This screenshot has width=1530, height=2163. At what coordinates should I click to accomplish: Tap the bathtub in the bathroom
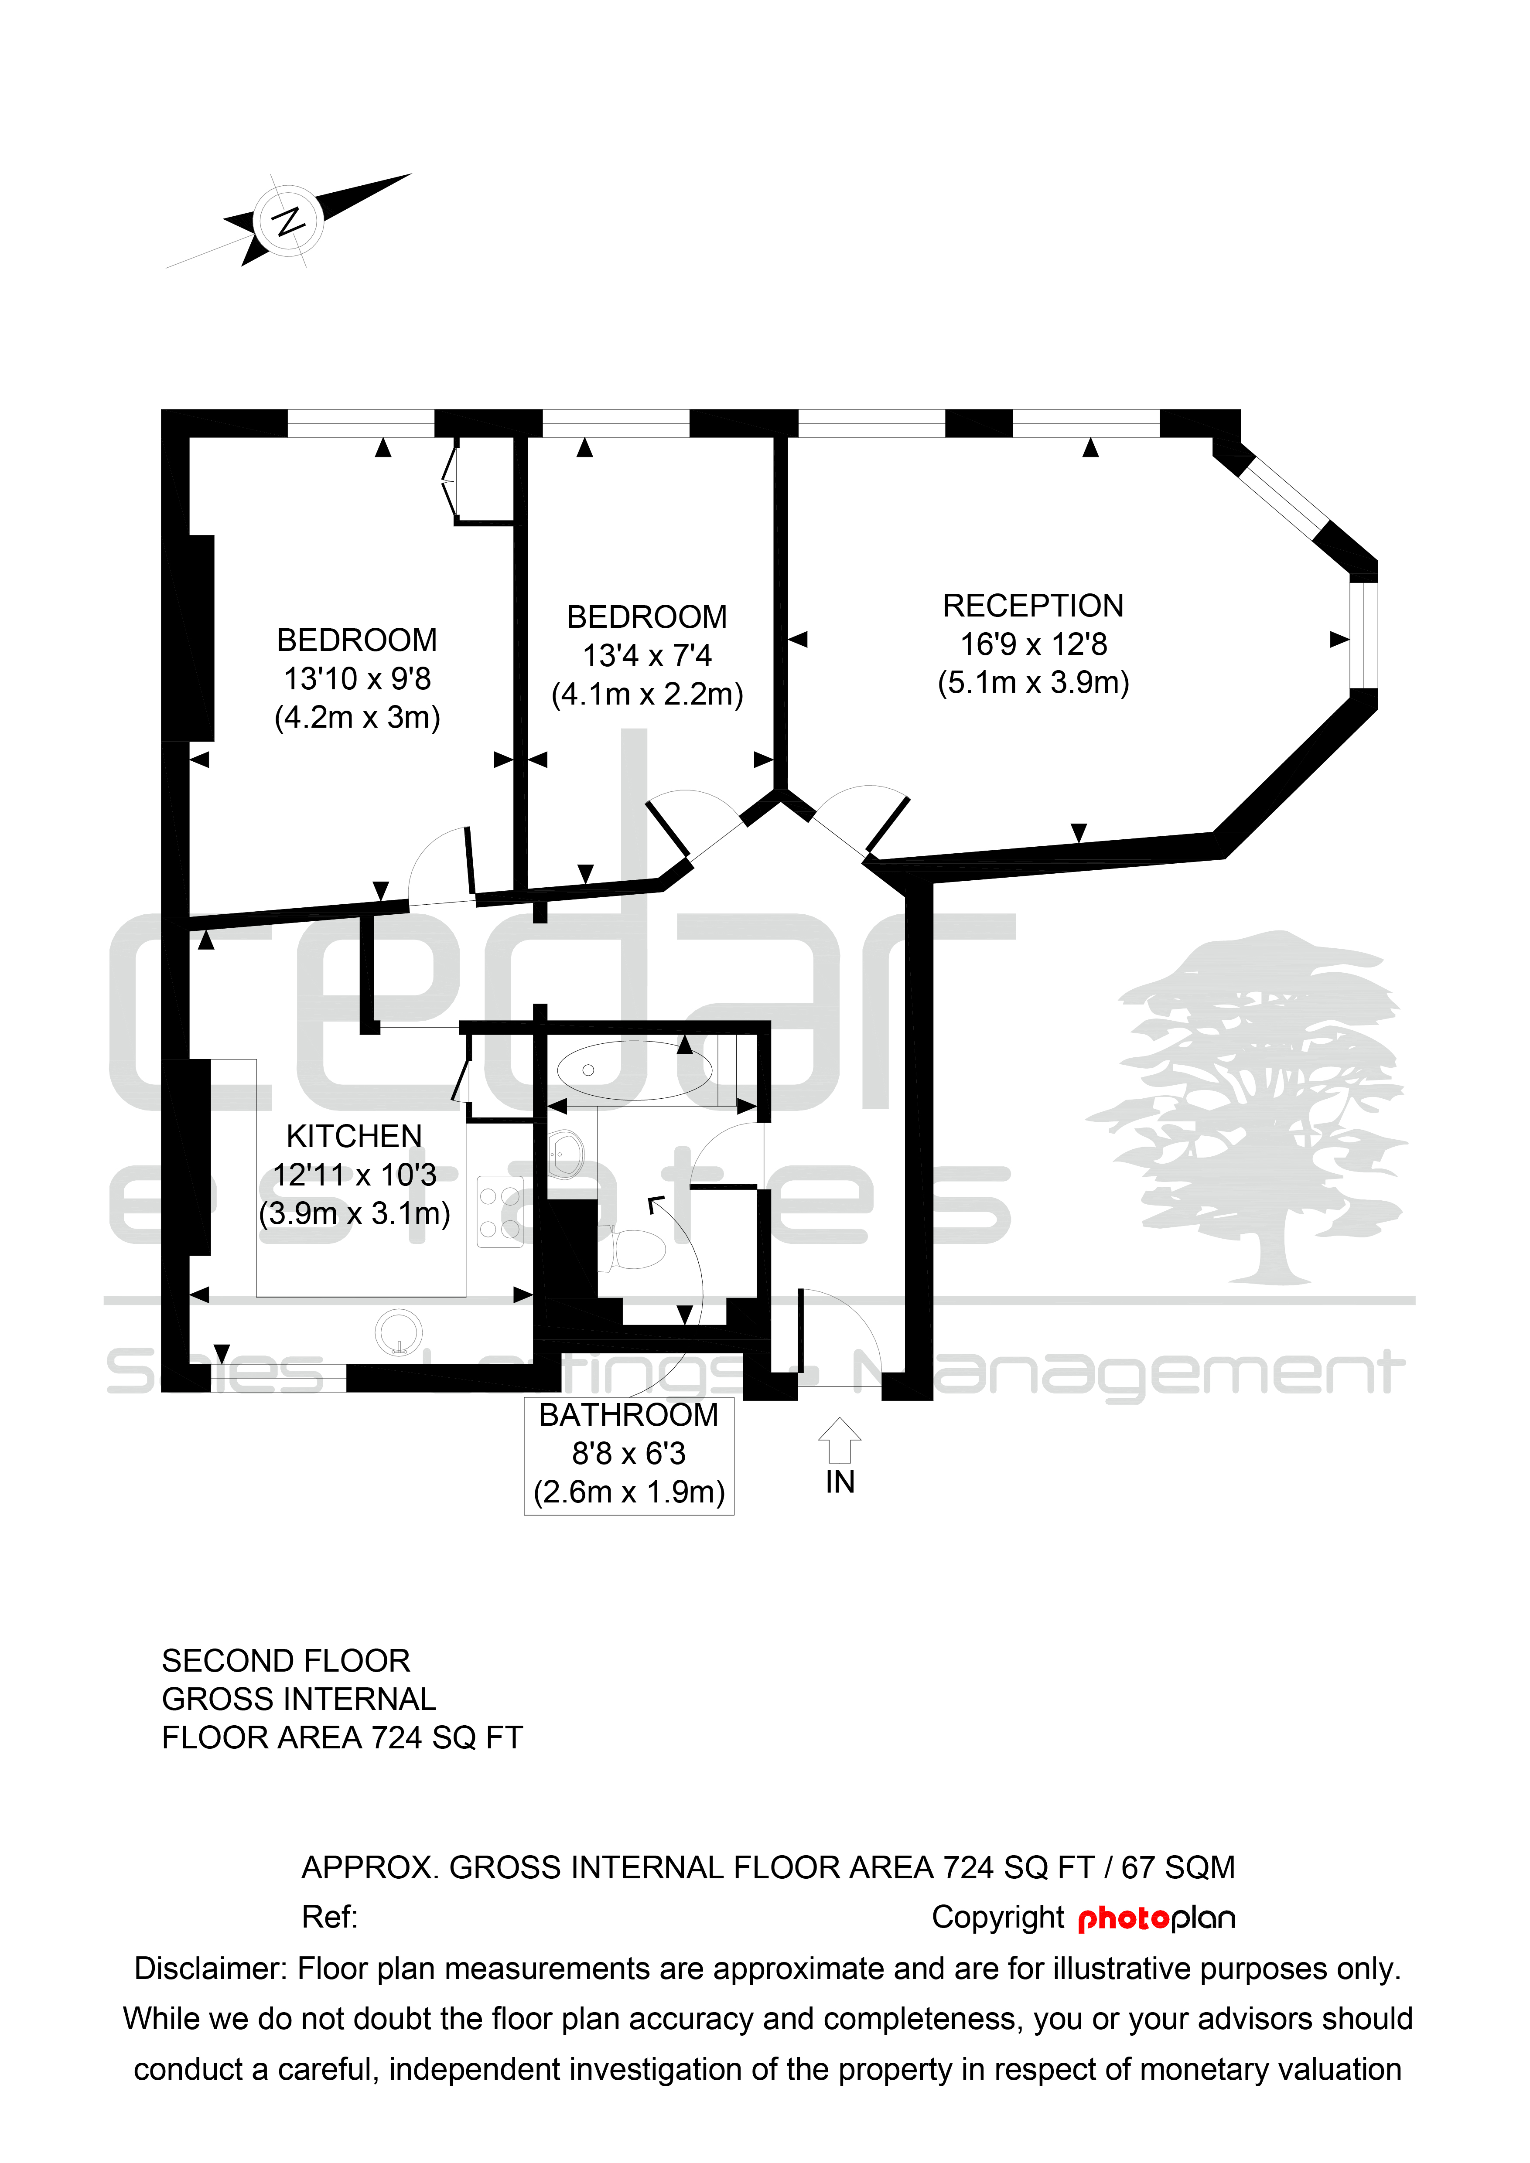(634, 1070)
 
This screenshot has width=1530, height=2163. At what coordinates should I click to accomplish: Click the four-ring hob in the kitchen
(499, 1213)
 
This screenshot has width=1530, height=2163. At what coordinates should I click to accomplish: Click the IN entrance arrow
(840, 1441)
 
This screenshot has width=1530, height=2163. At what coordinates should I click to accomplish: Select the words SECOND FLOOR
(287, 1661)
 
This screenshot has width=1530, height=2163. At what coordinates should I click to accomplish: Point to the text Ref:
(329, 1917)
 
